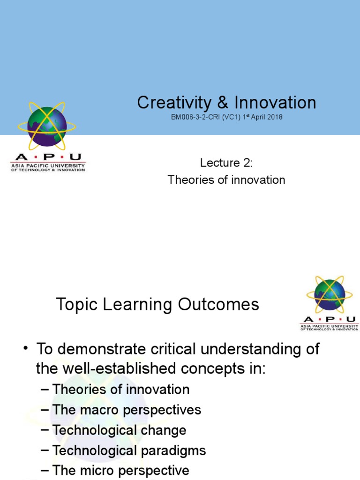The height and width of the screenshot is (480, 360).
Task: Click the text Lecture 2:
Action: click(226, 163)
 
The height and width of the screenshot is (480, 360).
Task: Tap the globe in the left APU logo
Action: click(47, 126)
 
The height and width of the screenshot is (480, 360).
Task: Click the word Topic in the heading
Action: click(74, 305)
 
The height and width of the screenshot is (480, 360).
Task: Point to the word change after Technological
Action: click(164, 430)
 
